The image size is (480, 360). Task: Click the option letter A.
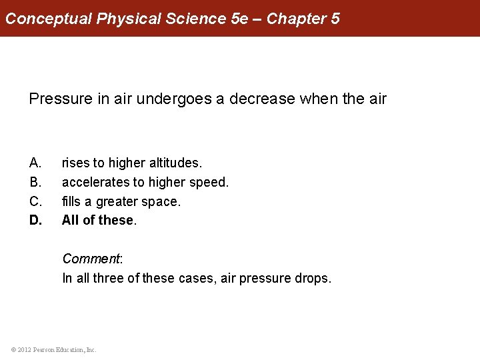pos(35,163)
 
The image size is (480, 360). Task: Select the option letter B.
pos(35,182)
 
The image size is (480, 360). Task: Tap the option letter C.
pos(35,201)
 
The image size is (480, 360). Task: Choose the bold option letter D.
pos(35,220)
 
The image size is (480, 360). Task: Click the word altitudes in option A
pos(176,163)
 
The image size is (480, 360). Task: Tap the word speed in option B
pos(209,182)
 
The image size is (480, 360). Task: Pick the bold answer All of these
pos(99,220)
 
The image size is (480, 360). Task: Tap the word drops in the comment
pos(312,278)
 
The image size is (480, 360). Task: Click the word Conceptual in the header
pos(49,19)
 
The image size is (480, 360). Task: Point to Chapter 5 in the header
pos(303,19)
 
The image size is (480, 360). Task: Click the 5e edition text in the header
pos(239,19)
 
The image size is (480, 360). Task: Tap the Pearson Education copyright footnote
pos(53,349)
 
